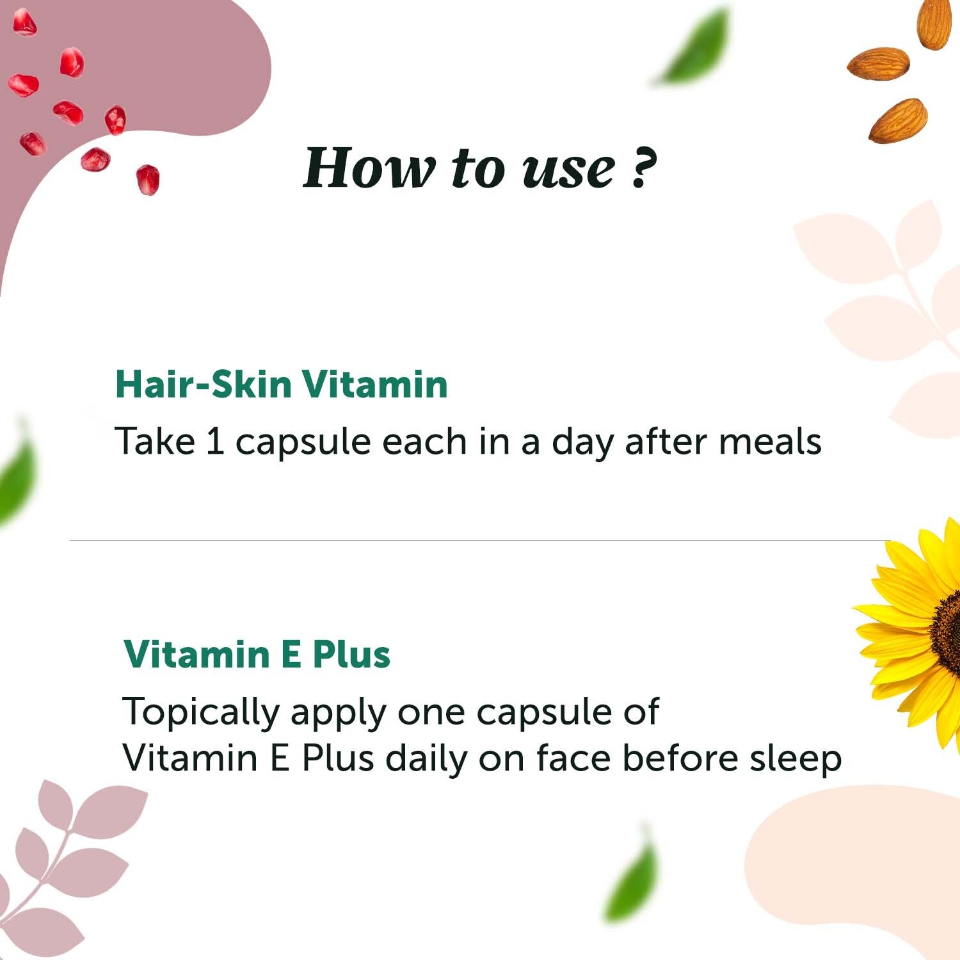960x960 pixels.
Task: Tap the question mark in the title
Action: pyautogui.click(x=643, y=168)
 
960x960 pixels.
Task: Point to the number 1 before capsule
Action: pyautogui.click(x=215, y=442)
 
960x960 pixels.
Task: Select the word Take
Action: pyautogui.click(x=154, y=442)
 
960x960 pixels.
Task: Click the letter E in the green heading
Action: pyautogui.click(x=290, y=654)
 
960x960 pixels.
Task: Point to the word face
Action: pyautogui.click(x=573, y=758)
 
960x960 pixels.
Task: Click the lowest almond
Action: pyautogui.click(x=898, y=120)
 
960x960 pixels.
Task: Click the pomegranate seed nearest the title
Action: pyautogui.click(x=148, y=179)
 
